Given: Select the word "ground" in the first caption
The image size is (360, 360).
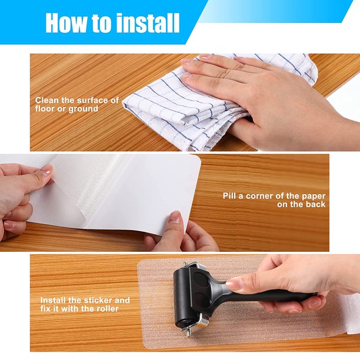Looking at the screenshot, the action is click(84, 109).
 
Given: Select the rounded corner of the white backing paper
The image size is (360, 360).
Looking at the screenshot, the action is click(197, 159).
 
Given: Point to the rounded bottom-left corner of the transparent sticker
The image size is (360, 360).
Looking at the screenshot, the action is click(146, 345).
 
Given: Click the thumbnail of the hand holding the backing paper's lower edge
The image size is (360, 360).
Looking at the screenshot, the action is click(175, 218).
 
